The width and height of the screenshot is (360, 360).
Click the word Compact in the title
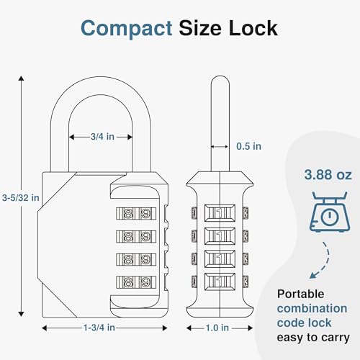click(x=126, y=28)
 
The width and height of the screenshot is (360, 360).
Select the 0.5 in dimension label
click(x=248, y=145)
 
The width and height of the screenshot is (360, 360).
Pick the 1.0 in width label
click(x=218, y=328)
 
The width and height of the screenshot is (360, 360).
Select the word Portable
click(x=302, y=294)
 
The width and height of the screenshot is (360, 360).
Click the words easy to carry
click(x=313, y=337)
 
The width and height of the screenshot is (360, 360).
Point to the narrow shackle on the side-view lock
click(x=218, y=122)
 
